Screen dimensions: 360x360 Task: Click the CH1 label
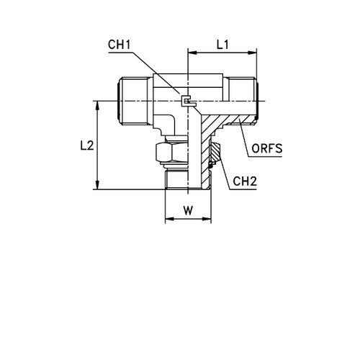[120, 45]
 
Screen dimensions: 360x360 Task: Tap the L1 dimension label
[222, 45]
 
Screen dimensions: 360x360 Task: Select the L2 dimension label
[87, 145]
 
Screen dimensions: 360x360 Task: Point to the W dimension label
[189, 211]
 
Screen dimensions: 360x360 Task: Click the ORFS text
[267, 148]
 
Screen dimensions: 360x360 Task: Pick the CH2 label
[245, 181]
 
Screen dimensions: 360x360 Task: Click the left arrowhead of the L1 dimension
[192, 53]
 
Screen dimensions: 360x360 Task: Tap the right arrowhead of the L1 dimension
[252, 53]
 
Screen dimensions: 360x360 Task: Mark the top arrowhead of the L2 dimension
[97, 105]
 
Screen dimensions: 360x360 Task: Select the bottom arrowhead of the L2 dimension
[97, 185]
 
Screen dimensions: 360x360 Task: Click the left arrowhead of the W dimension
[169, 219]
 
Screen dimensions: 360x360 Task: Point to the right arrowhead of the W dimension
[207, 219]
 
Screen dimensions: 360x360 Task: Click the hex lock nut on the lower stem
[172, 153]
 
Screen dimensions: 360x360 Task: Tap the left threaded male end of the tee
[135, 101]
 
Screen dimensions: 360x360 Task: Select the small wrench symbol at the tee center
[189, 102]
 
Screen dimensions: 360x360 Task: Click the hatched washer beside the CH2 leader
[215, 153]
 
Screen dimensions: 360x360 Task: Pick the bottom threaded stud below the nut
[177, 179]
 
